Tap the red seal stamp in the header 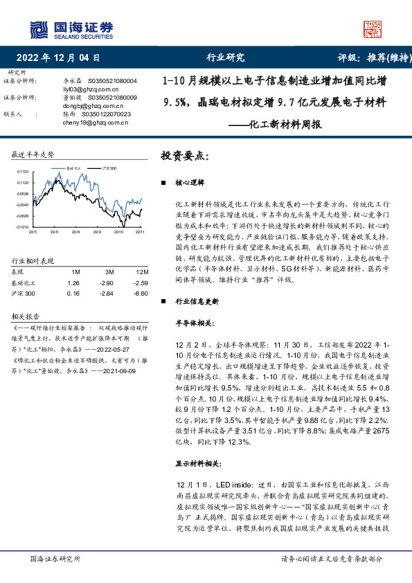pos(373,29)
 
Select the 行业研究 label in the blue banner pos(226,58)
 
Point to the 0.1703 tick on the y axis pos(23,170)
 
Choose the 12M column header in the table pos(142,272)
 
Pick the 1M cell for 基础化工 pos(73,283)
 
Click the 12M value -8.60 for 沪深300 pos(141,294)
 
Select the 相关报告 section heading pos(26,316)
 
